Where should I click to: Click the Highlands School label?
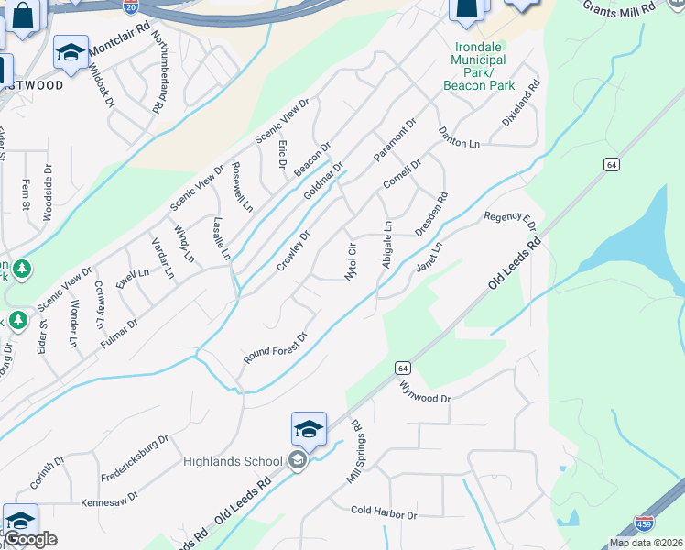click(x=234, y=460)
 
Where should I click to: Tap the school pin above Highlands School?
click(x=309, y=430)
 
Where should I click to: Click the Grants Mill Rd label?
click(x=619, y=7)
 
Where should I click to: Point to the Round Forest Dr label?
click(x=273, y=348)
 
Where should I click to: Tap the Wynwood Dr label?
click(x=426, y=392)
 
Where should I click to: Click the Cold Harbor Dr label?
click(x=384, y=512)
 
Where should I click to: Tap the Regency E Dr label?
click(x=509, y=219)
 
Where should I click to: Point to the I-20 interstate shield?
click(x=130, y=5)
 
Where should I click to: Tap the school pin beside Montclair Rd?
click(x=71, y=54)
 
